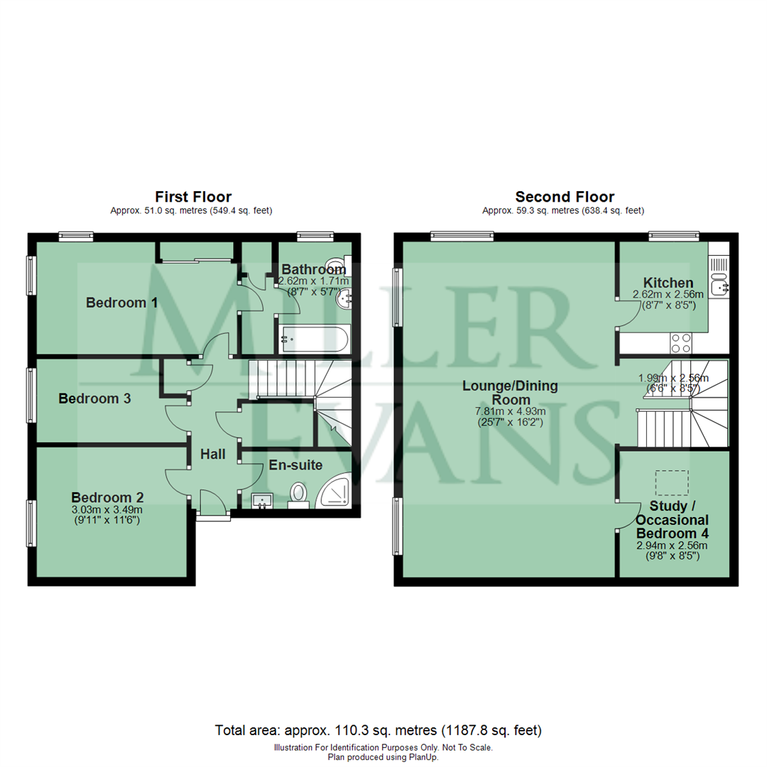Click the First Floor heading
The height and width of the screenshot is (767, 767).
[x=193, y=197]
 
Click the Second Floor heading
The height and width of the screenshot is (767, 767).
[x=565, y=197]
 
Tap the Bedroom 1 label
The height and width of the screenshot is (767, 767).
[x=121, y=303]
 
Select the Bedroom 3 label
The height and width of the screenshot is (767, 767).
[x=94, y=398]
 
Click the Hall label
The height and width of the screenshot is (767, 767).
[x=212, y=454]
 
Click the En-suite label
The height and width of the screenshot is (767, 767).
[x=295, y=466]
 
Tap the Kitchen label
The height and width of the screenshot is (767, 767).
[x=668, y=283]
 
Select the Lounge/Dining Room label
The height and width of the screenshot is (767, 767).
[x=510, y=393]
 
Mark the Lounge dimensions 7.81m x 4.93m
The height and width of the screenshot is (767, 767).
[x=510, y=411]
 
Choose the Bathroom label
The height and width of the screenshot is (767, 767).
[x=313, y=269]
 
